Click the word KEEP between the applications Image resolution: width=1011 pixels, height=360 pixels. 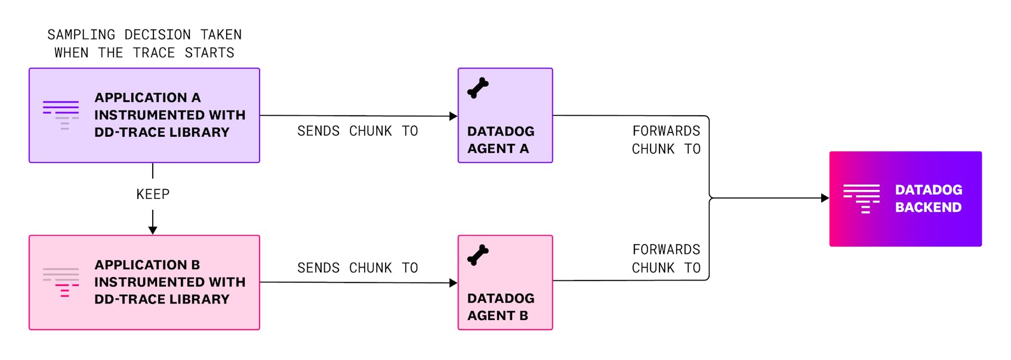tap(153, 194)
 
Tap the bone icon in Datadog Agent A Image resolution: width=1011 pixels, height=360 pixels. tap(478, 88)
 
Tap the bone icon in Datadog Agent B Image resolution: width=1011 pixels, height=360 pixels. tap(478, 255)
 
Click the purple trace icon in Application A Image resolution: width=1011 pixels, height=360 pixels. tap(61, 115)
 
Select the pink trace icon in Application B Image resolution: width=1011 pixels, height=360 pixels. tap(61, 282)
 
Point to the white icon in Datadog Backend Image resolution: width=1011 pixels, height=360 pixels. tap(861, 198)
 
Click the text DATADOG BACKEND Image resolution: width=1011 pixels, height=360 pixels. tap(928, 198)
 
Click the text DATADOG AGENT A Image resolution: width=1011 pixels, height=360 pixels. tap(500, 140)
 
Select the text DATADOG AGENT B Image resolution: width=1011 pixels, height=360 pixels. tap(500, 307)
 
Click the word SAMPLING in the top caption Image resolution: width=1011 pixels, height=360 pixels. tap(81, 35)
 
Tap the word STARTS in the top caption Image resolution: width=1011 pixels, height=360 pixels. tap(209, 53)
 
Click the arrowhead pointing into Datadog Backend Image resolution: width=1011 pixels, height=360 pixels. tap(825, 198)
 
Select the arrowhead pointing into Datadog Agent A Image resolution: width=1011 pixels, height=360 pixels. tap(453, 116)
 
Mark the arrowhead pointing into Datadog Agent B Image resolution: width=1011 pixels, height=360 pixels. tap(453, 283)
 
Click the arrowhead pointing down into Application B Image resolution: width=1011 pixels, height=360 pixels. tap(153, 230)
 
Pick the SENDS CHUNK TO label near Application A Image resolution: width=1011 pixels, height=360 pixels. tap(357, 131)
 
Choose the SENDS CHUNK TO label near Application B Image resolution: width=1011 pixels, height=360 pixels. tap(357, 267)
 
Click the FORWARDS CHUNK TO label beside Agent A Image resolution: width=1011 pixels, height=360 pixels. tap(666, 140)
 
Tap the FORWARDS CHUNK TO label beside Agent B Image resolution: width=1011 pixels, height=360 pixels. tap(666, 259)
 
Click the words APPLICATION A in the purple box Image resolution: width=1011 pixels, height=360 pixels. tap(147, 97)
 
